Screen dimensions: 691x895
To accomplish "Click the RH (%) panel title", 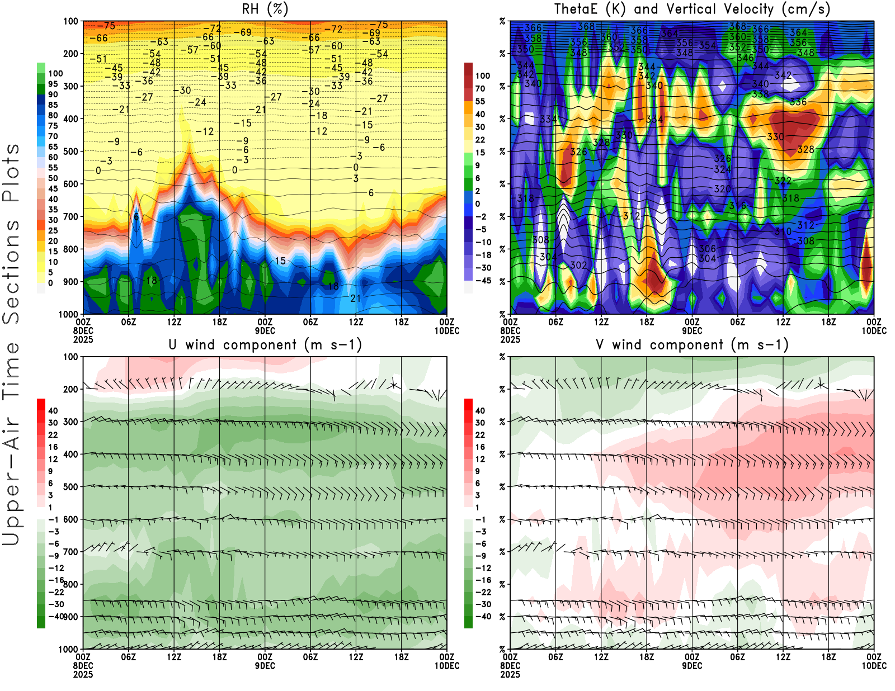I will pos(265,10).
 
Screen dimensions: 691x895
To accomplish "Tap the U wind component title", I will pos(265,345).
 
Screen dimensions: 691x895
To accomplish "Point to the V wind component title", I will pos(692,345).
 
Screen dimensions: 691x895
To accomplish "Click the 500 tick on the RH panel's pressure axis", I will pos(71,152).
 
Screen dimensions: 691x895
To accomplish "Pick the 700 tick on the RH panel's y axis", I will pos(71,216).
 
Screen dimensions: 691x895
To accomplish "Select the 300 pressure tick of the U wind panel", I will pos(71,422).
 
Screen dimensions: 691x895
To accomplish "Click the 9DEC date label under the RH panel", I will pos(265,331).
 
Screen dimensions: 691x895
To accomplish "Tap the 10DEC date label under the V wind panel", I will pos(874,666).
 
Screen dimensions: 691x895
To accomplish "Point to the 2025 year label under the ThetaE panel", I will pos(510,339).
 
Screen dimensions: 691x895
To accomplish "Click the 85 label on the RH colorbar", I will pos(53,105).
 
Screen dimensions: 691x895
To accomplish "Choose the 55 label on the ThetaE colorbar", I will pos(480,102).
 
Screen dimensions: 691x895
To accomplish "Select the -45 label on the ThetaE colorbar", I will pos(483,281).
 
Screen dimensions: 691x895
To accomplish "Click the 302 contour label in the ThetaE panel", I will pos(578,265).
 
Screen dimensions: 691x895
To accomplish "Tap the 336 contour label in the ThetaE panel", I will pos(798,102).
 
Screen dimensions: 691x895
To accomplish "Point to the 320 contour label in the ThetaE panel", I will pos(722,189).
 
